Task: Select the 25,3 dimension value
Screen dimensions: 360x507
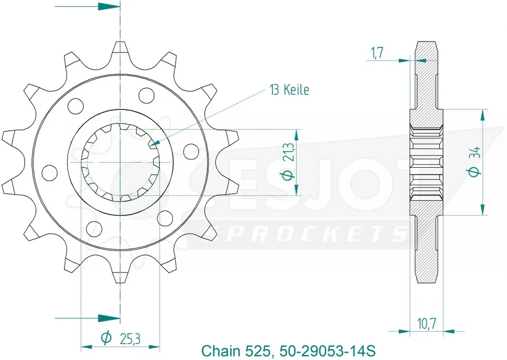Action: click(128, 338)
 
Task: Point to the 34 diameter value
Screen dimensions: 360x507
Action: click(474, 153)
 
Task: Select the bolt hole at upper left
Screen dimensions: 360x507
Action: click(76, 106)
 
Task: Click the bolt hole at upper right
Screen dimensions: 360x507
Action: click(146, 94)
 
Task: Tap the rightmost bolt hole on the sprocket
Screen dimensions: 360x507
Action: click(191, 149)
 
